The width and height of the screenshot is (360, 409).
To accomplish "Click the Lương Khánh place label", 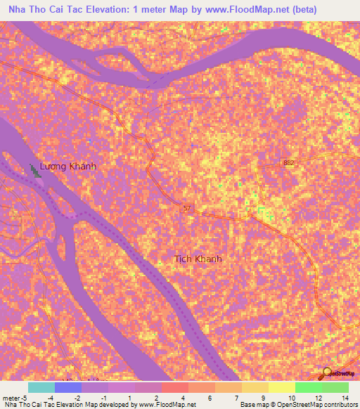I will click(x=67, y=167).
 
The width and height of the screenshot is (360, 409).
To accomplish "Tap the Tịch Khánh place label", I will click(x=198, y=259).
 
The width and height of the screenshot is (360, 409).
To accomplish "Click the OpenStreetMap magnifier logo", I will click(x=328, y=373).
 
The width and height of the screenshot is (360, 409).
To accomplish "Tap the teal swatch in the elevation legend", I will click(x=41, y=387).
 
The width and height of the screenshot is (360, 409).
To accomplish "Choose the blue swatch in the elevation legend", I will click(x=67, y=387).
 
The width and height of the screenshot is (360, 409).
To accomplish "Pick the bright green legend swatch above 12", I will click(x=308, y=387).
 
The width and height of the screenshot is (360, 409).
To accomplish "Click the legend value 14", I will click(x=345, y=397).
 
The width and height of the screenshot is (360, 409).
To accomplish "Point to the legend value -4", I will click(x=51, y=397).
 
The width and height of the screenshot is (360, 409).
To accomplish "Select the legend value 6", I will click(x=210, y=397).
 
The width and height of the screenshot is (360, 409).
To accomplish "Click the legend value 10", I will click(x=291, y=397).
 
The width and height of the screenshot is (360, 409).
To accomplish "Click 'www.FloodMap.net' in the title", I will click(x=235, y=10).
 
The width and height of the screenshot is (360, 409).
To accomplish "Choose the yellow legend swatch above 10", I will click(x=281, y=387).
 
